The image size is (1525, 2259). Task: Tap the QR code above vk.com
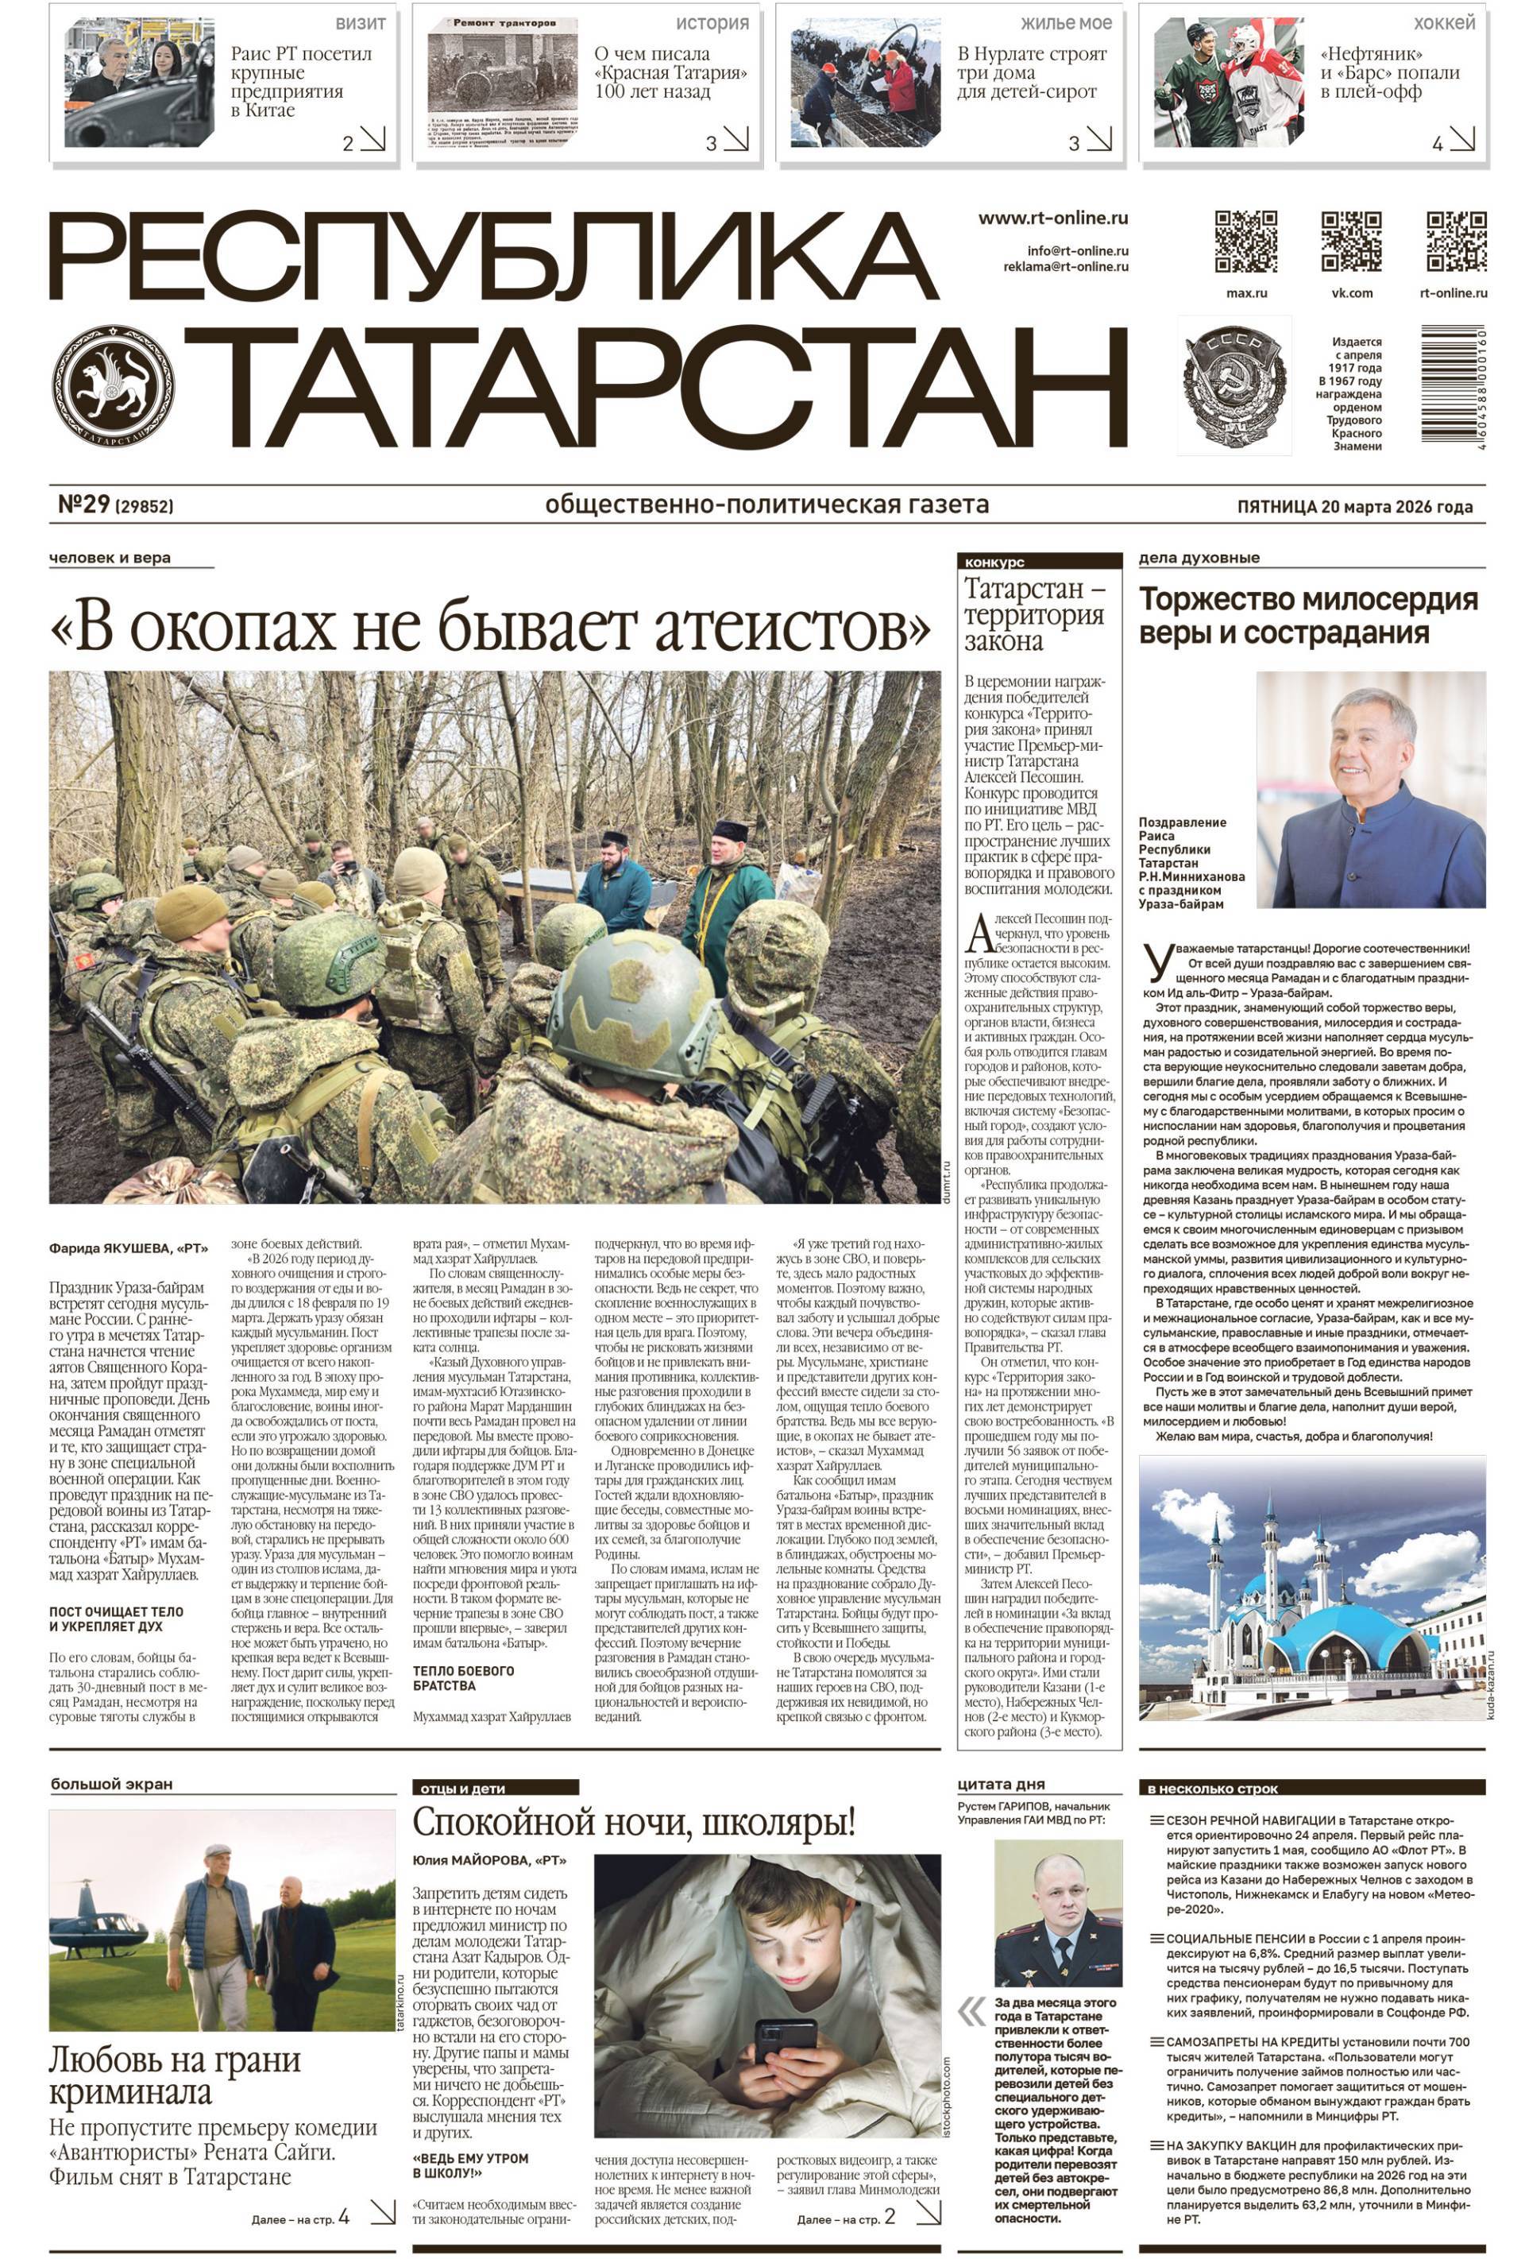point(1350,240)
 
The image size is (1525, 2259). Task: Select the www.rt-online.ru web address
point(1052,219)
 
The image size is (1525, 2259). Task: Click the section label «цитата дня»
point(1000,1784)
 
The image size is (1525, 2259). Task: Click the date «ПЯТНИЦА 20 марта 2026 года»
point(1354,506)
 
